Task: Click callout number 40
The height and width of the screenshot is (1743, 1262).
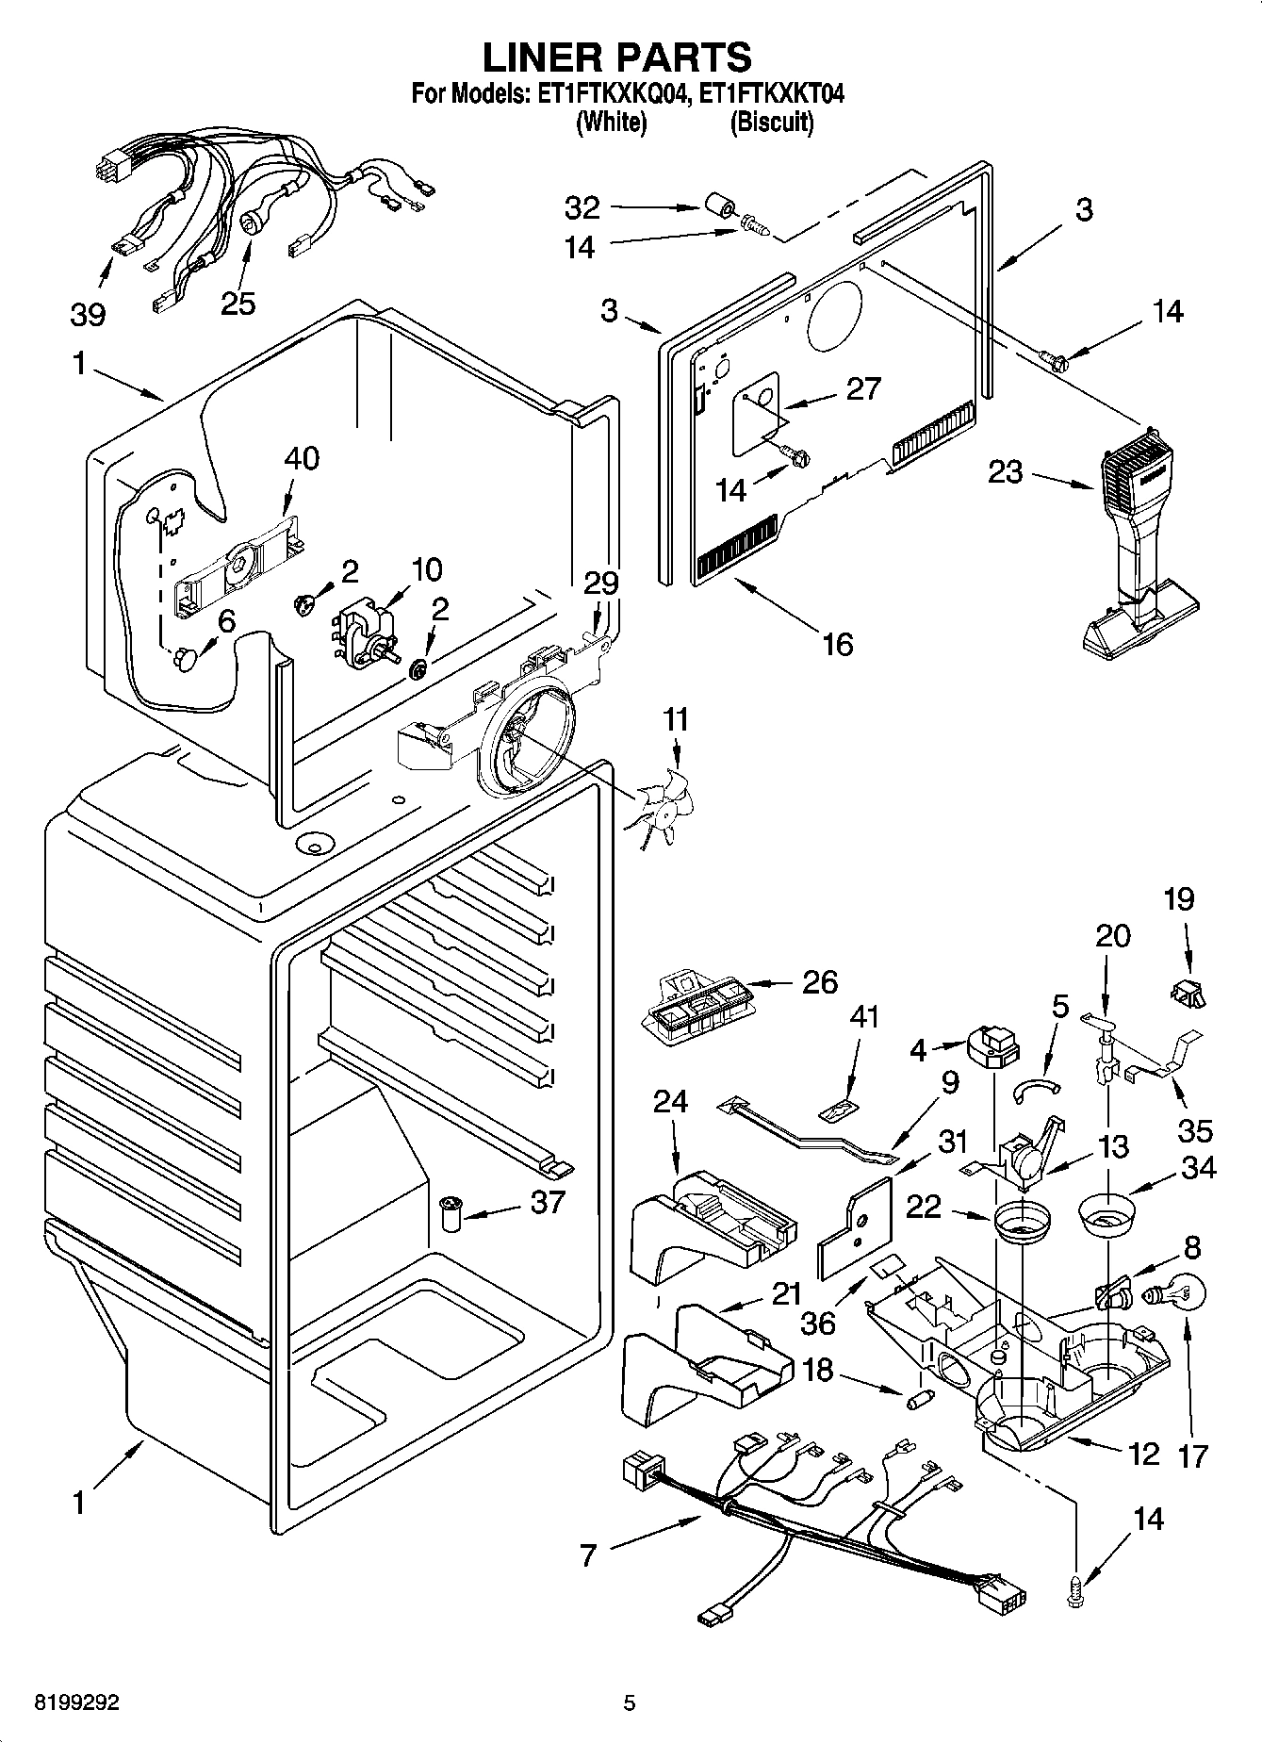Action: coord(302,458)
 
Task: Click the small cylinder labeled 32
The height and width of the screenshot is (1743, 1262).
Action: coord(721,207)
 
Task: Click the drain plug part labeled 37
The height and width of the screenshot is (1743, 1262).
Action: coord(450,1212)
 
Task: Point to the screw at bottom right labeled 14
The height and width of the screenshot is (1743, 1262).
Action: coord(1077,1591)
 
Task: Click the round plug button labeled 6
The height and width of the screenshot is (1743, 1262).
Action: coord(184,657)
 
